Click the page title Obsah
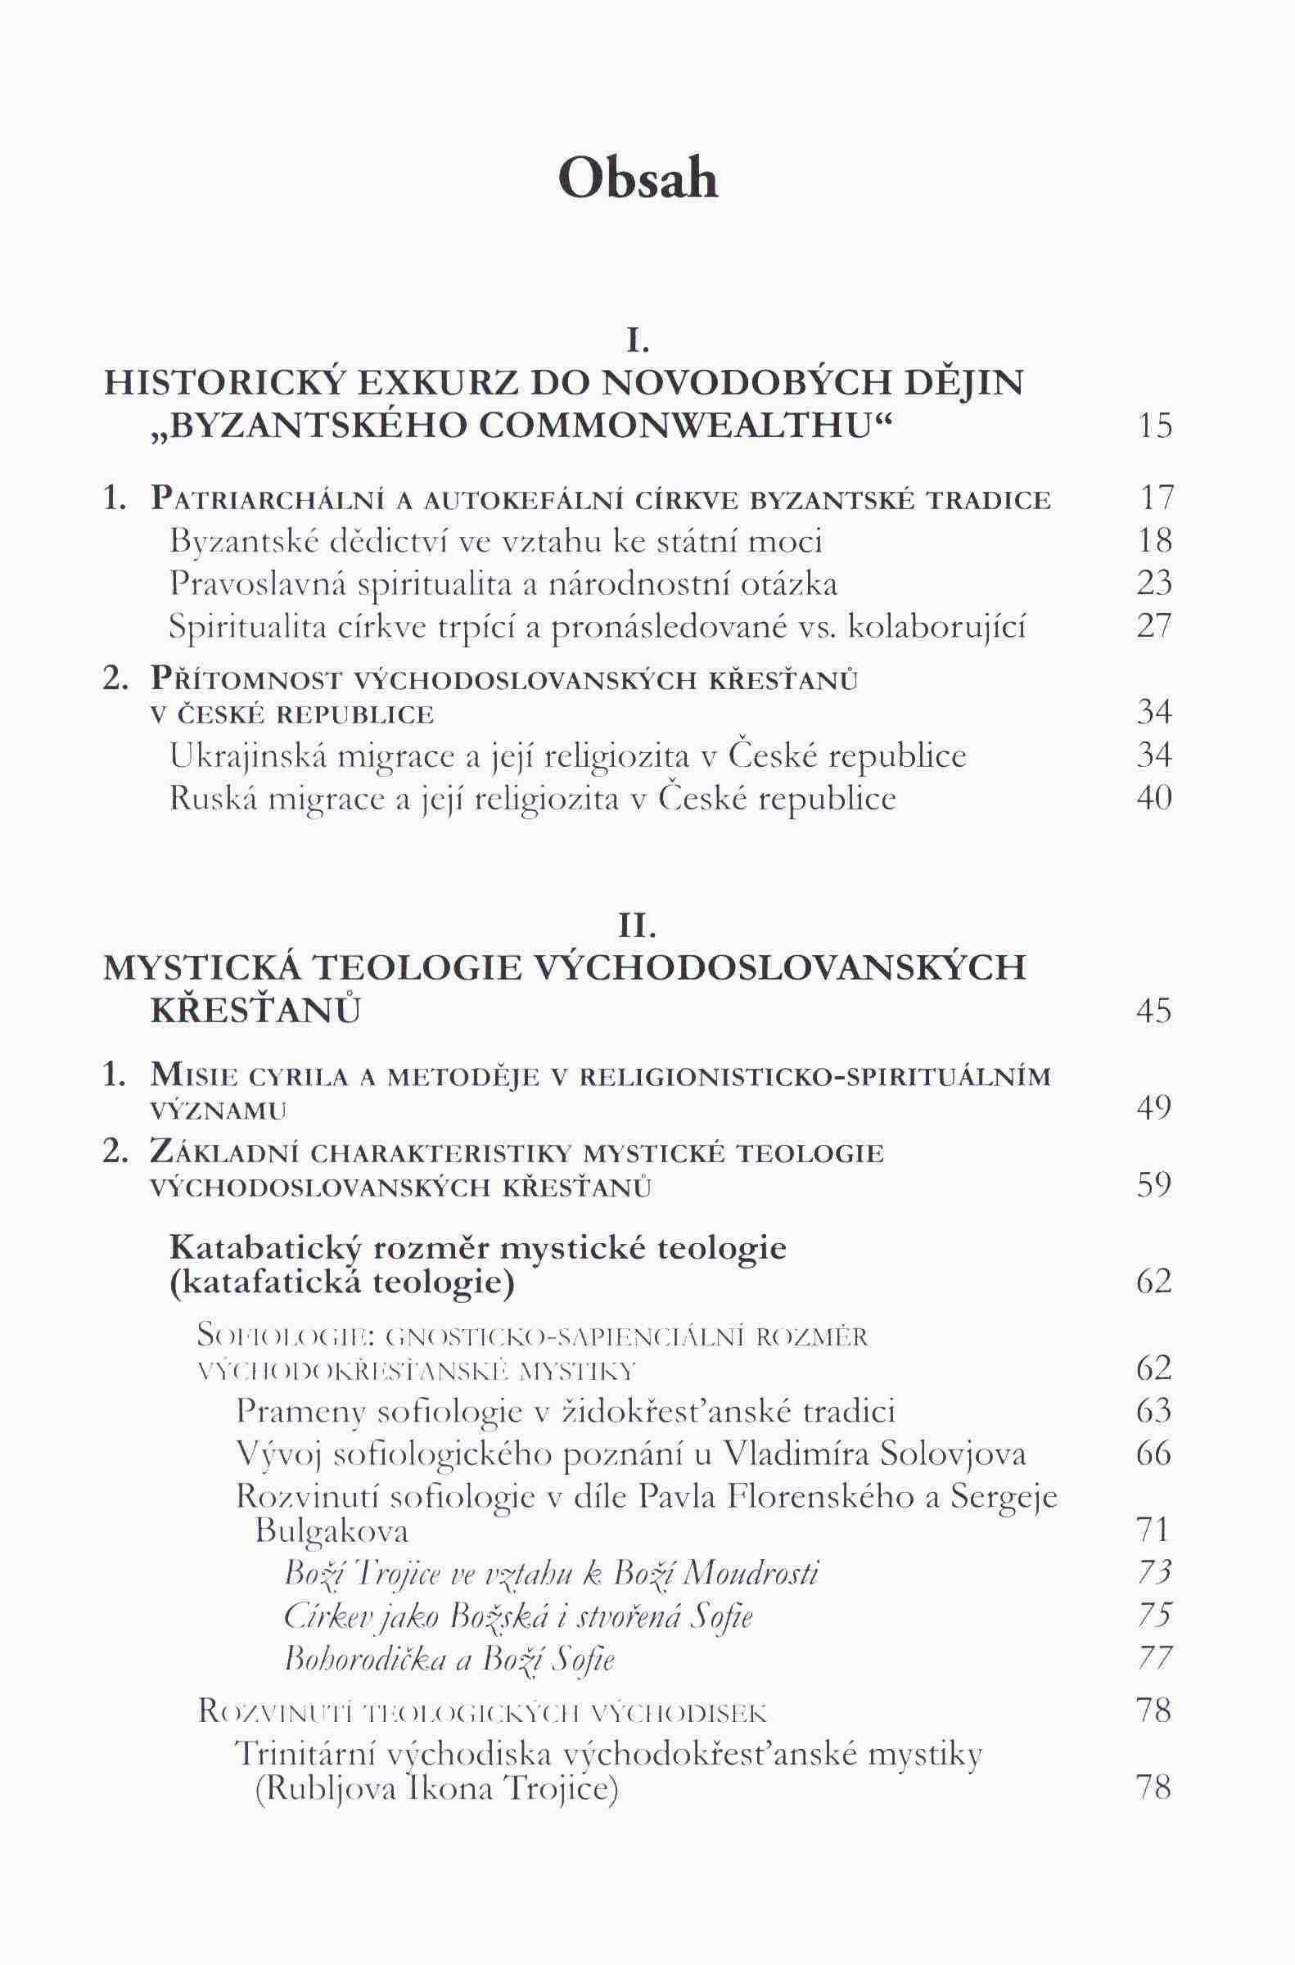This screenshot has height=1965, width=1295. (638, 178)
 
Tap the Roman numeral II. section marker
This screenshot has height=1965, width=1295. (638, 928)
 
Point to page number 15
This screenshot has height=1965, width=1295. (1153, 427)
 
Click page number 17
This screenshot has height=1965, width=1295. (1154, 498)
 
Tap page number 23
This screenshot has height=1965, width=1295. (1153, 584)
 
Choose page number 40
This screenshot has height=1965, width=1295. (1153, 799)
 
